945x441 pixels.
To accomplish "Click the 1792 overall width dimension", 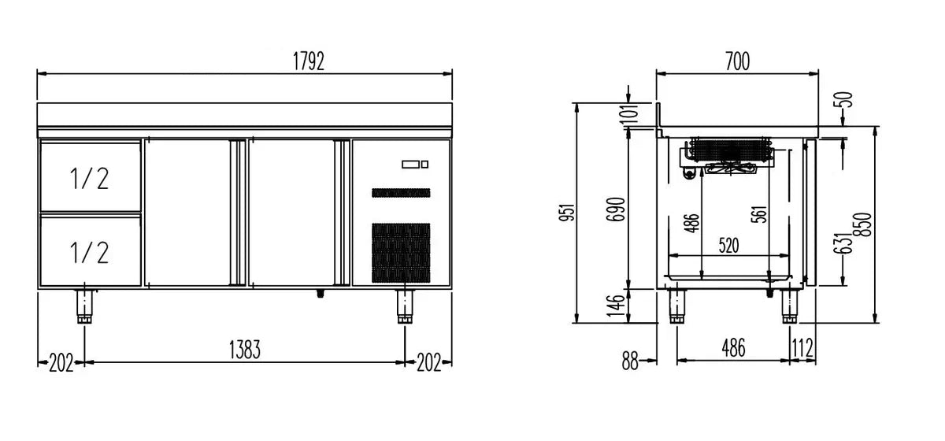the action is coord(309,61).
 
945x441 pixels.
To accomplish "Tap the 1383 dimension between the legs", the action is coord(245,350).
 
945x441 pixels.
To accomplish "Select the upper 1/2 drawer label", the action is coord(90,179).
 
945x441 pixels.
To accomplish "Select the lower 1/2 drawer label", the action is coord(90,253).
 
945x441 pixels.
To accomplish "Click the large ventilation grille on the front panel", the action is coord(401,253).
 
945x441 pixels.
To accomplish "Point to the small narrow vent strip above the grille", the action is coord(401,193).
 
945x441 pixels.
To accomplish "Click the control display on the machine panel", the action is coord(415,164).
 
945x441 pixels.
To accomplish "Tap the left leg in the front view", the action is coord(84,306).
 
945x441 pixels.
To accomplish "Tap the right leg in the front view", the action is coord(405,306).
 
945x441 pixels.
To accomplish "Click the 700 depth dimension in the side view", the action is coord(737,61).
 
